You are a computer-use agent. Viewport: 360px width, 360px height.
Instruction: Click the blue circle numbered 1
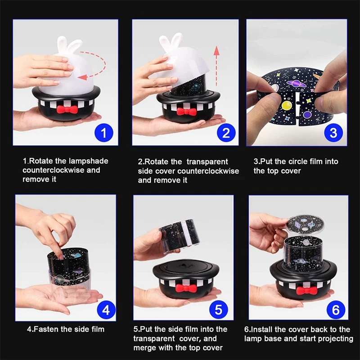[x=103, y=133]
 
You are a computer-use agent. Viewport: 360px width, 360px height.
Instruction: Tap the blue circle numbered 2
[x=226, y=133]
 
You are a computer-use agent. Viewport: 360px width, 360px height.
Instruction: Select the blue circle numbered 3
[x=333, y=133]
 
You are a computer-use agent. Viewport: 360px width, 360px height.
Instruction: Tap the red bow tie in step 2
[x=185, y=111]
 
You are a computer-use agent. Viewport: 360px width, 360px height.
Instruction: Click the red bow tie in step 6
[x=306, y=291]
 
